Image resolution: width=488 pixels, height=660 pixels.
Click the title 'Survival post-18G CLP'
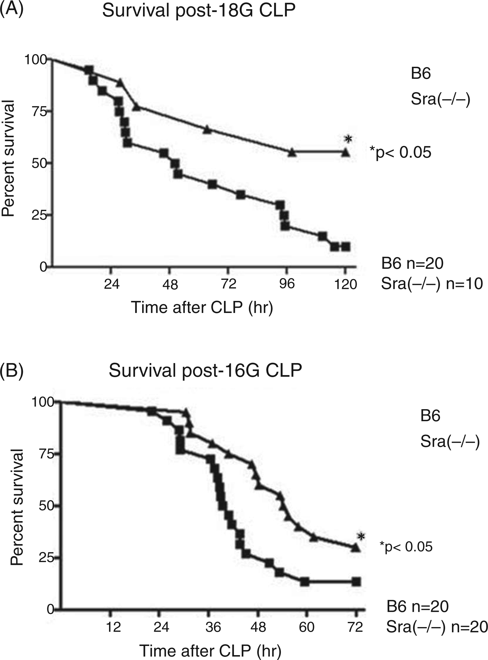pyautogui.click(x=199, y=11)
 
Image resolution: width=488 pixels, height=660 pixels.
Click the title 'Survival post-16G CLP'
pyautogui.click(x=205, y=370)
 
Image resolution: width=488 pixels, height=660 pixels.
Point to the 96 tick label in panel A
pyautogui.click(x=287, y=284)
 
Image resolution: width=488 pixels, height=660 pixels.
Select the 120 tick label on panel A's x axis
pyautogui.click(x=345, y=284)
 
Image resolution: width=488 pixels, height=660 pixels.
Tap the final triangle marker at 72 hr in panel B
pyautogui.click(x=356, y=547)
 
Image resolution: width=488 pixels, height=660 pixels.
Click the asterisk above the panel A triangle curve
pyautogui.click(x=349, y=139)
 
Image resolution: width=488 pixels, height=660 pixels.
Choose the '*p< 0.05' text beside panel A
pyautogui.click(x=400, y=153)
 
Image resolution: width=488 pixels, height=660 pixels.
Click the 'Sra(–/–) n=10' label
pyautogui.click(x=432, y=284)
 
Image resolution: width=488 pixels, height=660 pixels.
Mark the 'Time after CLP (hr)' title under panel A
pyautogui.click(x=202, y=308)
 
